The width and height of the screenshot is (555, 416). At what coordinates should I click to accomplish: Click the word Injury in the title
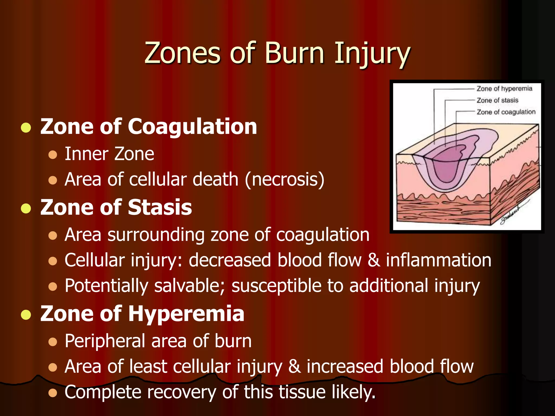[372, 54]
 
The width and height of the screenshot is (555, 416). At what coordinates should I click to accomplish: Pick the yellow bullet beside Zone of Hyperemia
[26, 314]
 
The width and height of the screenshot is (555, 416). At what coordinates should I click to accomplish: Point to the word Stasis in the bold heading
[160, 207]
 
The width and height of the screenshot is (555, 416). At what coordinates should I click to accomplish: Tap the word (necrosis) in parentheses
[284, 180]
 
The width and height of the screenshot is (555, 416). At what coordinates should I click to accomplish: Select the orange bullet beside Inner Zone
[53, 155]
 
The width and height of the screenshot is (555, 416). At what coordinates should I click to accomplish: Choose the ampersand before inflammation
[374, 260]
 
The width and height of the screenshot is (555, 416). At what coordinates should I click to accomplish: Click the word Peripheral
[105, 341]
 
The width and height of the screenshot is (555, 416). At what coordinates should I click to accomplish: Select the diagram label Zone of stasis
[497, 100]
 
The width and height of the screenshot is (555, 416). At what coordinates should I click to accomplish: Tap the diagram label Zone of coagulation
[506, 112]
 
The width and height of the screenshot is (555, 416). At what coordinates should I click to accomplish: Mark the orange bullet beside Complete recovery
[53, 393]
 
